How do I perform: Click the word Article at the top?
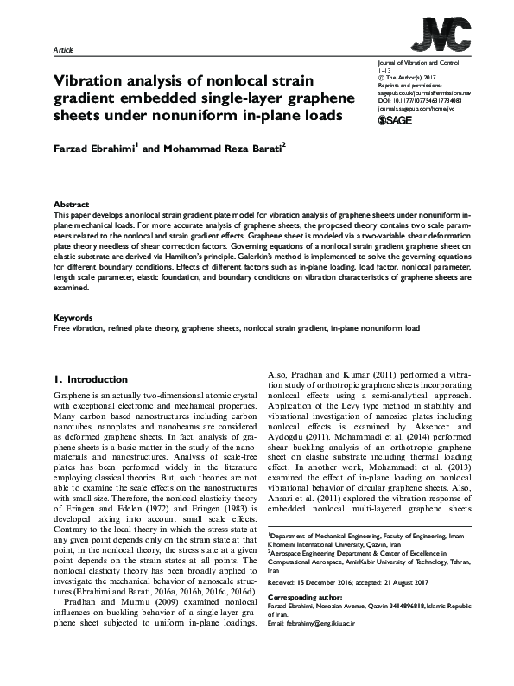click(66, 51)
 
